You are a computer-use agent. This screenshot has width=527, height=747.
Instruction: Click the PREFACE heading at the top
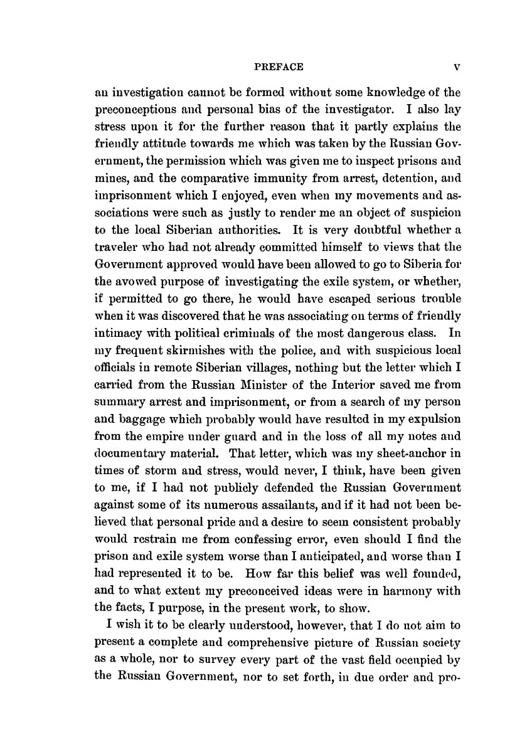tap(265, 66)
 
